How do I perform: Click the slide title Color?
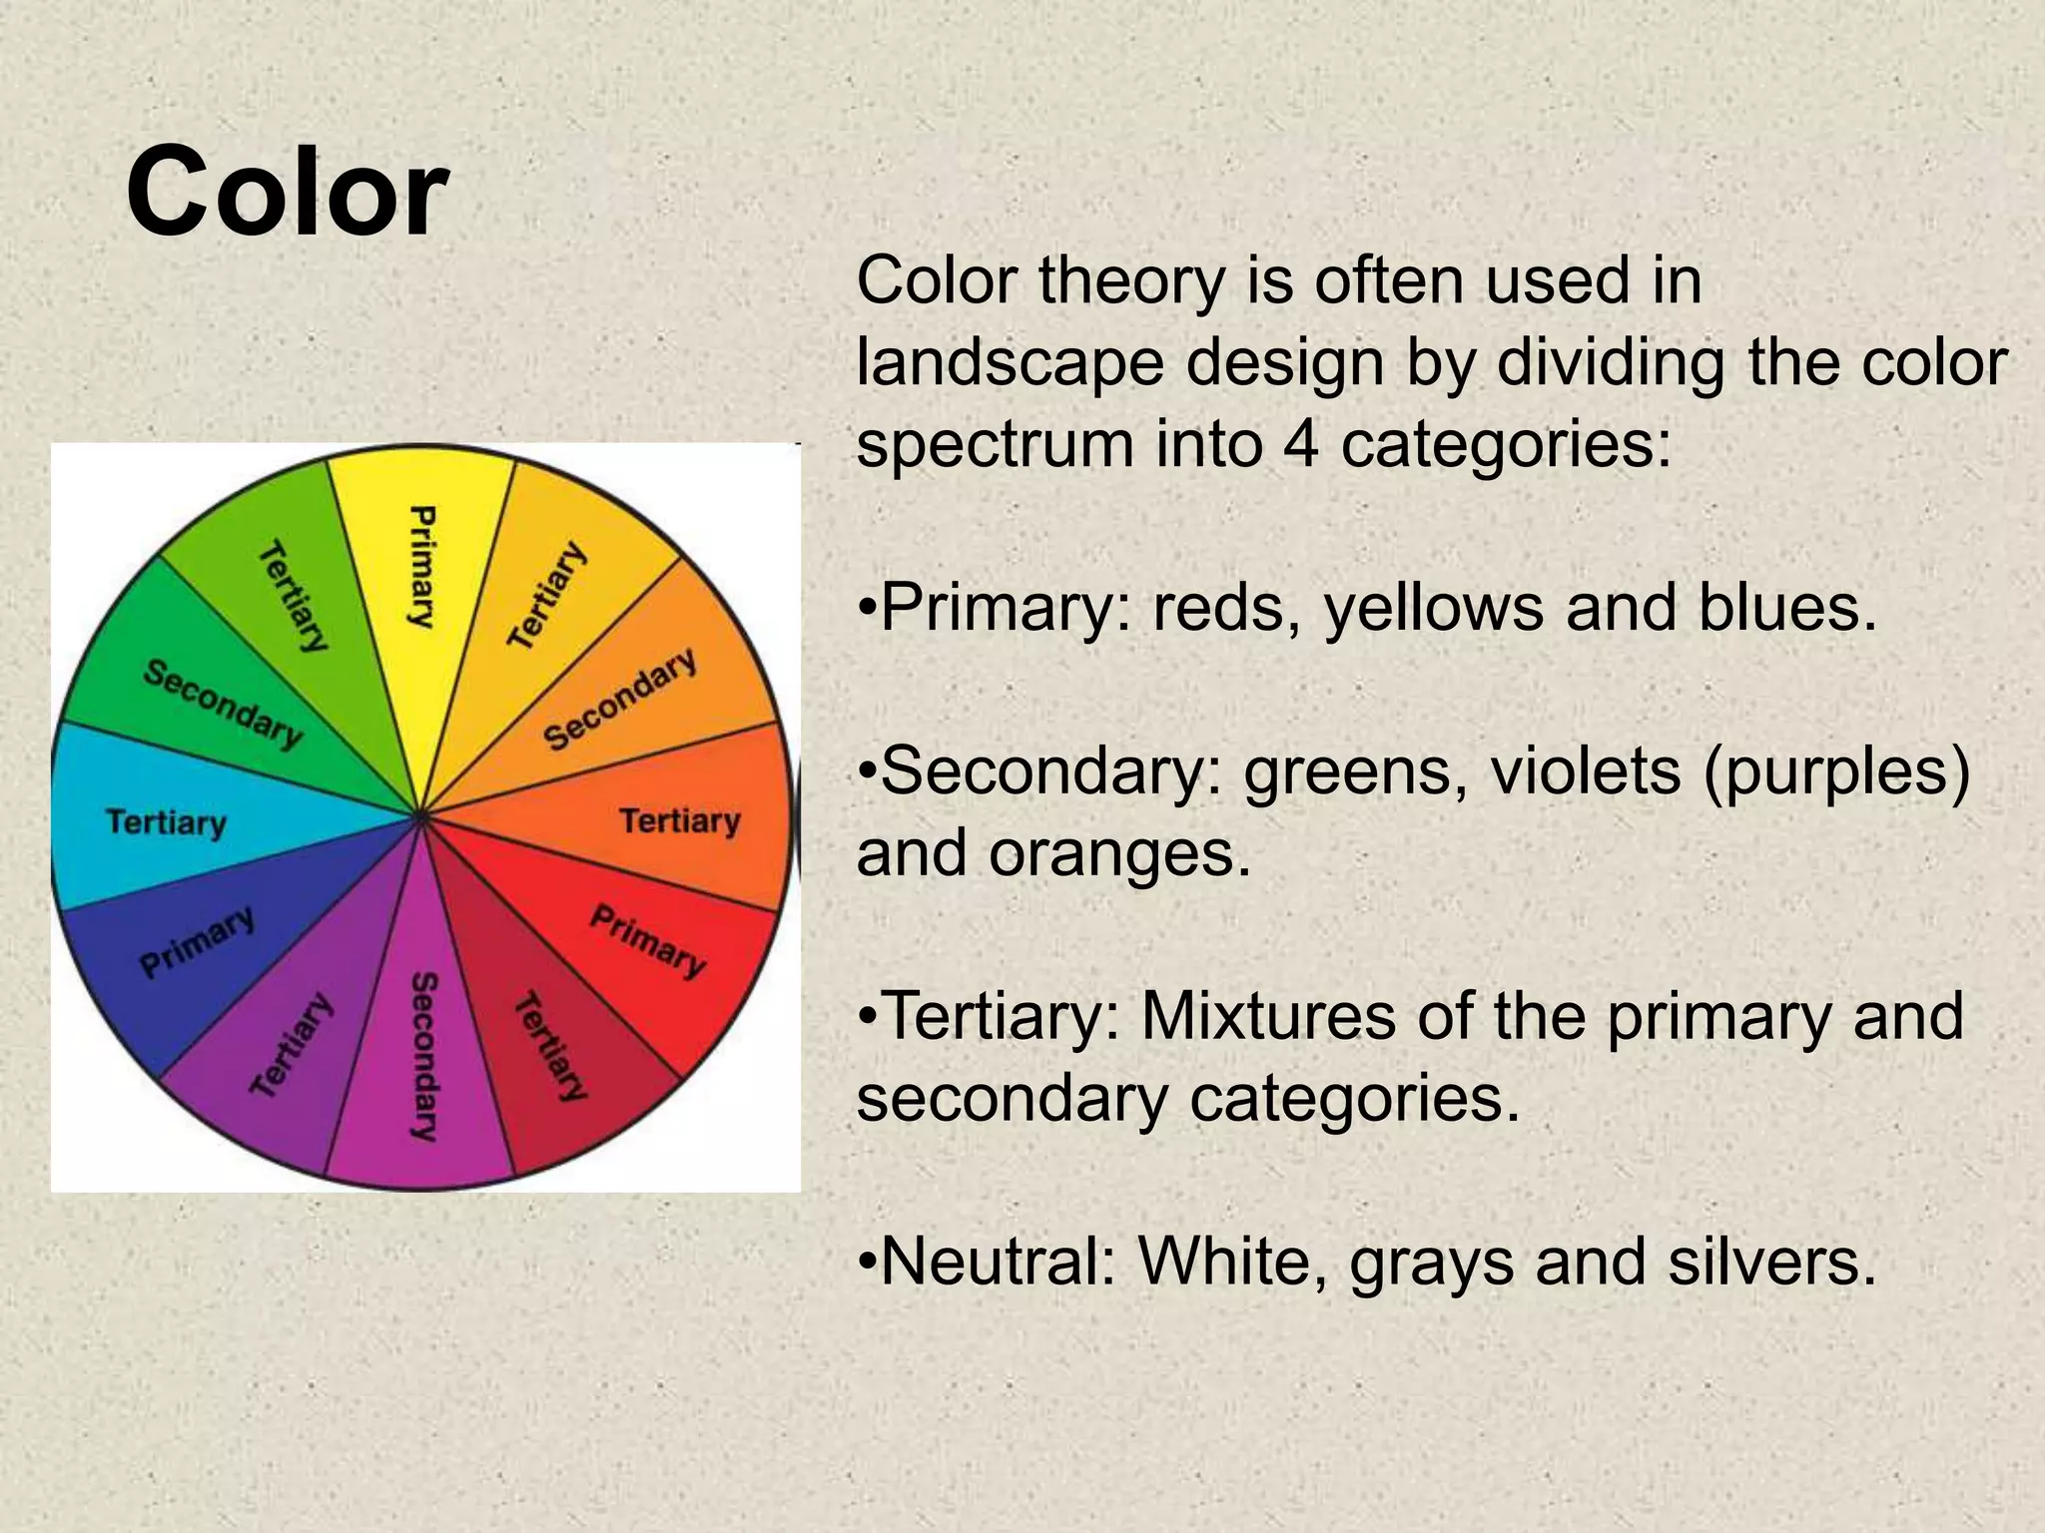point(287,192)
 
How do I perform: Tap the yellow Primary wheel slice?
point(422,569)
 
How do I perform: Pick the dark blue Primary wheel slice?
point(197,943)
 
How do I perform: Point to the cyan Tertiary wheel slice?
point(167,822)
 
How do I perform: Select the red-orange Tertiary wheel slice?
point(679,820)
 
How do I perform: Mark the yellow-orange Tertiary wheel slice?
point(547,596)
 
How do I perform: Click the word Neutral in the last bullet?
point(998,1262)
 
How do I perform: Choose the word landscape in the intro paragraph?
point(1010,362)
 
